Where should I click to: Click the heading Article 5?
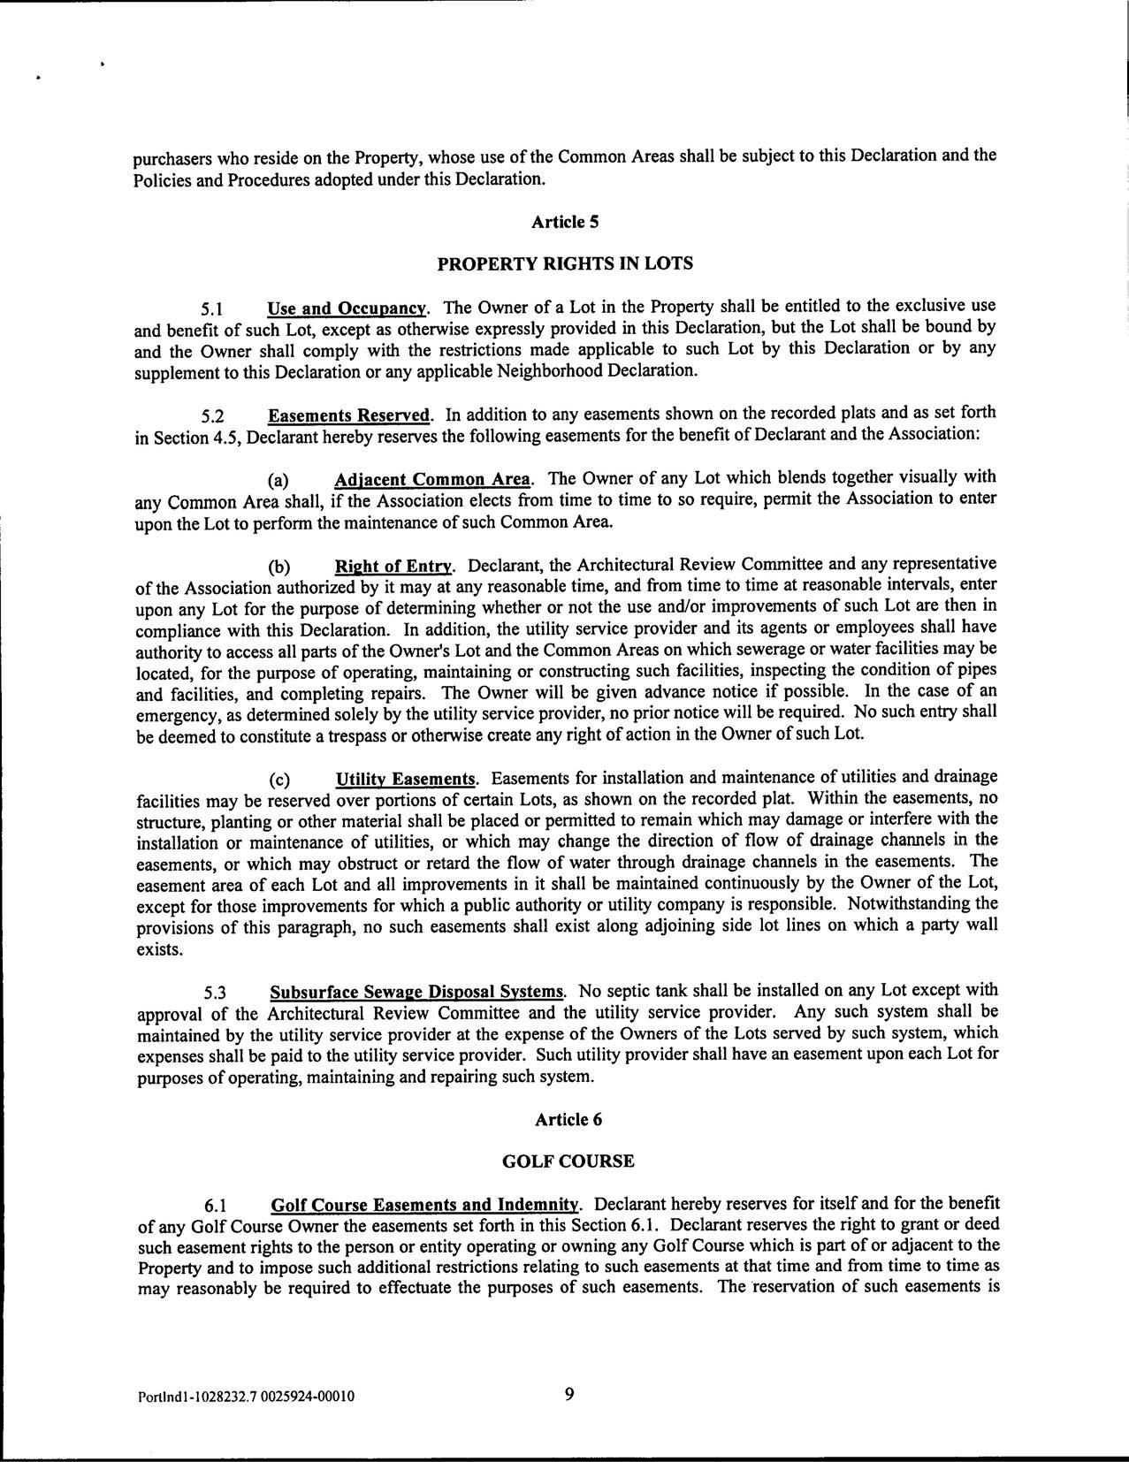coord(565,222)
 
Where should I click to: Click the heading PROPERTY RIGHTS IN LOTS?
coord(565,263)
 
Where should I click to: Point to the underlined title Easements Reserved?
coord(349,415)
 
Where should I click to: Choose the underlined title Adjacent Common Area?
coord(432,480)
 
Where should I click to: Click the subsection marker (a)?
coord(279,481)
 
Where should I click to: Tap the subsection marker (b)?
coord(279,567)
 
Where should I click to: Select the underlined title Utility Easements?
coord(406,779)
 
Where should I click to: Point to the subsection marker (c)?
coord(279,780)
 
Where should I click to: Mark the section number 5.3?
coord(216,992)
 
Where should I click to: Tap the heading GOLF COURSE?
coord(568,1161)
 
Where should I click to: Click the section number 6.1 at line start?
coord(216,1206)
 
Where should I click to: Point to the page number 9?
coord(568,1394)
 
